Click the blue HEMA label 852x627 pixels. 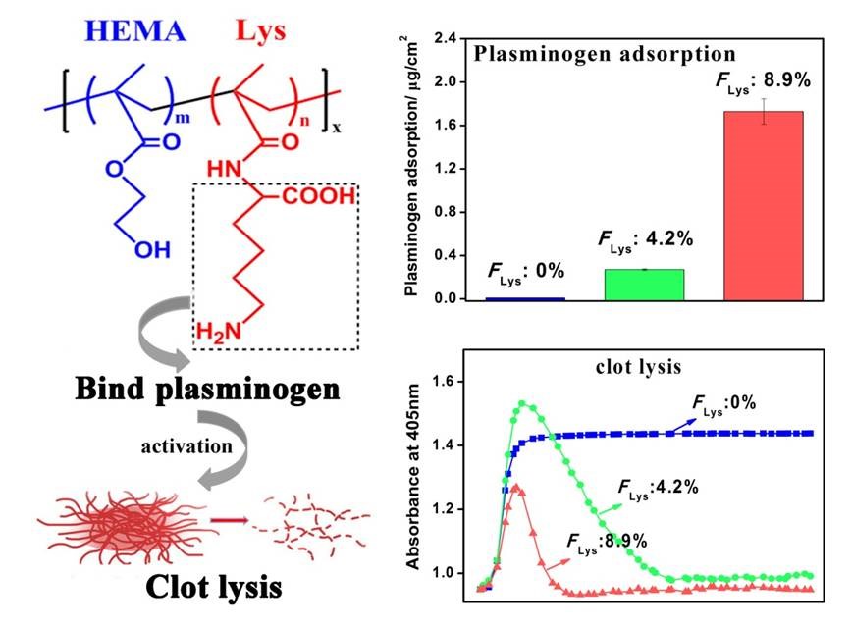tap(136, 31)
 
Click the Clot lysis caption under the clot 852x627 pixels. tap(214, 586)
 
